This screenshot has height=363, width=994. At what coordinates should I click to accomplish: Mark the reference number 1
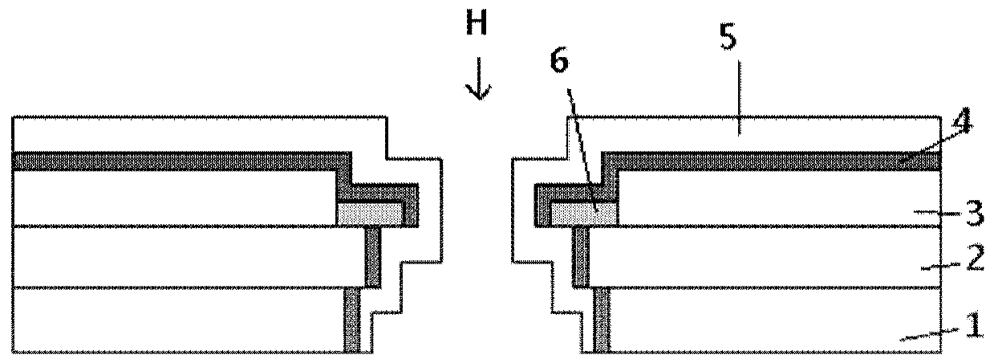pos(971,326)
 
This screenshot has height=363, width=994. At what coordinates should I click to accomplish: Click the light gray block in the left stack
pos(370,214)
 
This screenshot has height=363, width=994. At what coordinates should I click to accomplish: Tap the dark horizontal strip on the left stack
pos(176,161)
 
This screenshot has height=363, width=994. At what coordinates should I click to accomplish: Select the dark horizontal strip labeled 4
pos(770,161)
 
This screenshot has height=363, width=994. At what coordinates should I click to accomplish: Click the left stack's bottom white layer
pos(176,319)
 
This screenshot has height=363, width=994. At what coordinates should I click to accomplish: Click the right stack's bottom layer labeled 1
pos(770,319)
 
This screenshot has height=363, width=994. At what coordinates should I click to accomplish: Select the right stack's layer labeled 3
pos(770,198)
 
